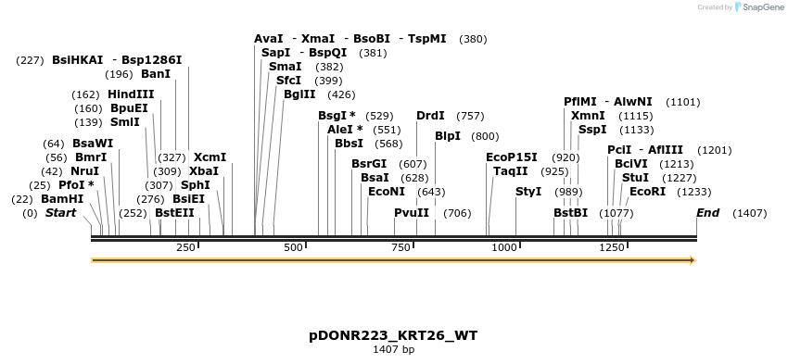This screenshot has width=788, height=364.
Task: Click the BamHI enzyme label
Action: pos(62,199)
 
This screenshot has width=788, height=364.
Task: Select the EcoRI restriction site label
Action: pos(647,192)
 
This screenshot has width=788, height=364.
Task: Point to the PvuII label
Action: pos(412,213)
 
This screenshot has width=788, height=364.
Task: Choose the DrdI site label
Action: pos(430,116)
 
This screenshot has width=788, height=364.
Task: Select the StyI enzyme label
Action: pos(528,192)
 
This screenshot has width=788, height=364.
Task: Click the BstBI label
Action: pos(570,213)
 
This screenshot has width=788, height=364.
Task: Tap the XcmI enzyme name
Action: pos(210,157)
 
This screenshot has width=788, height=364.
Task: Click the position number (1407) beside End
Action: pos(749,213)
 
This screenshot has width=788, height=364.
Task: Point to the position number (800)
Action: pos(485,136)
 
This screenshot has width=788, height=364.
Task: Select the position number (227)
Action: pos(30,60)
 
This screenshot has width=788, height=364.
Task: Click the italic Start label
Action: pos(60,213)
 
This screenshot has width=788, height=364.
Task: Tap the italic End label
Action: pos(708,213)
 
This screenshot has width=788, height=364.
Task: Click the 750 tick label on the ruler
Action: pos(401,247)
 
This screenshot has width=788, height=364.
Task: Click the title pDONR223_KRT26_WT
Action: pos(393,334)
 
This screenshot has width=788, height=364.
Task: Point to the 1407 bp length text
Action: pos(393,349)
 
